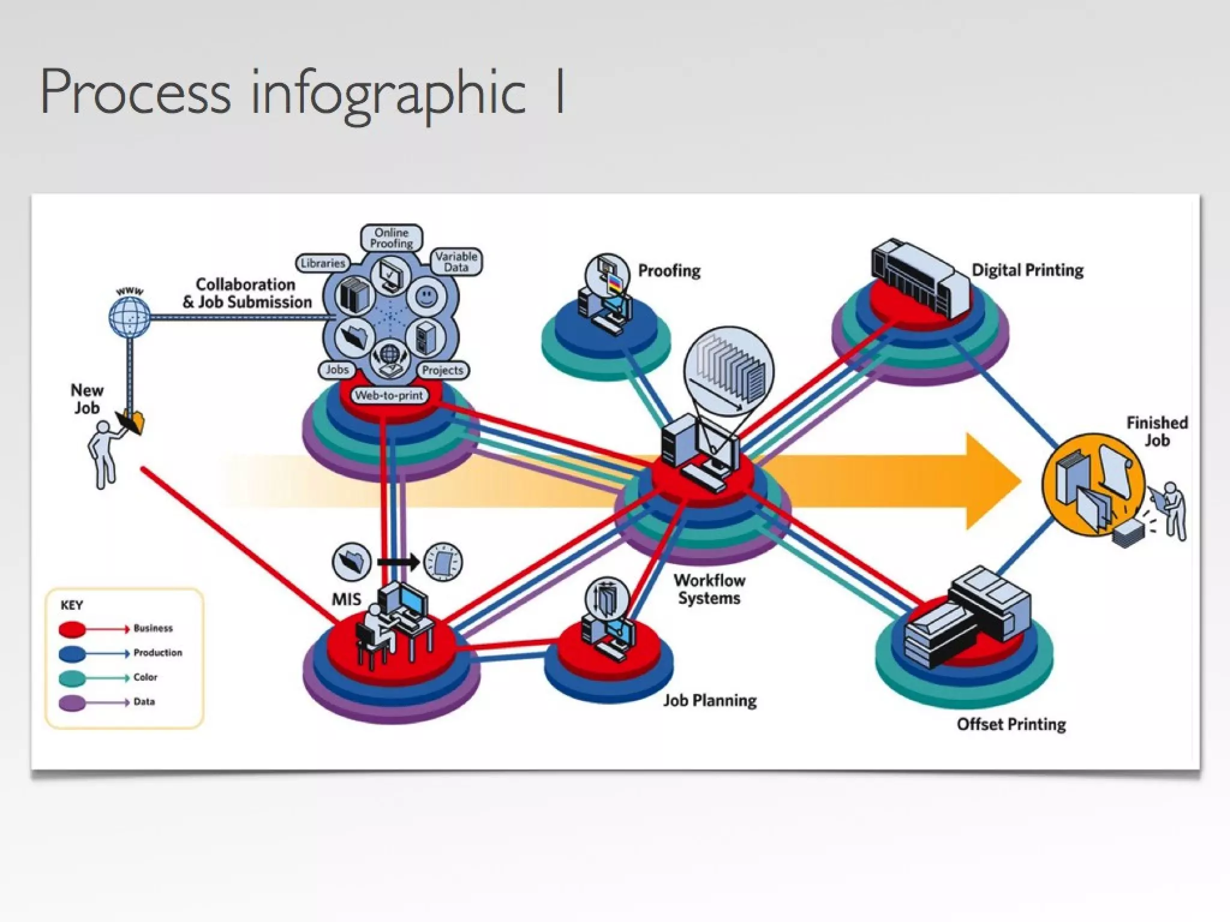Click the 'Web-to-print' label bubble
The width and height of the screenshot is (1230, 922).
(x=389, y=396)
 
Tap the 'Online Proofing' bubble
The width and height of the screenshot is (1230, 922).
(x=392, y=238)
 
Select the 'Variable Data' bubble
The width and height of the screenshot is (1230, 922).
(x=456, y=262)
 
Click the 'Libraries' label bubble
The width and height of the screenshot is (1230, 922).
(x=323, y=263)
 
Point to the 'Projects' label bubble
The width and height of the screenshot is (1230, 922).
(x=443, y=370)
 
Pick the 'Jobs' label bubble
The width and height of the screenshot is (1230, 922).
(x=337, y=370)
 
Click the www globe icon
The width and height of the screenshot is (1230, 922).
(x=130, y=316)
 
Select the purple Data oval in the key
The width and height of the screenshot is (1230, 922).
(x=72, y=703)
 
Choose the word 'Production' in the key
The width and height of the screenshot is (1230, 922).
(x=158, y=653)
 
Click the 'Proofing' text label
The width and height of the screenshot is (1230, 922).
(x=669, y=271)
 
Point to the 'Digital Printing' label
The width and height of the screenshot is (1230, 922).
(x=1028, y=270)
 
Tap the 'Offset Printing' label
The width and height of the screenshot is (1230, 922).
(x=1011, y=725)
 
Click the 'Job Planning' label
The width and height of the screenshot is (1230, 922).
(x=710, y=701)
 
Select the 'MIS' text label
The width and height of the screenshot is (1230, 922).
(x=347, y=599)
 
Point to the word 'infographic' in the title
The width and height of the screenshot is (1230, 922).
(x=388, y=93)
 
